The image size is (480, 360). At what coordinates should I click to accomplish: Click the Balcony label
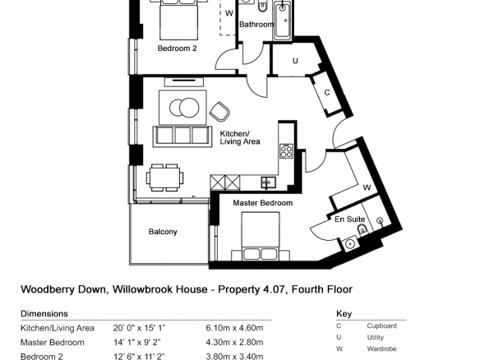[x=163, y=232]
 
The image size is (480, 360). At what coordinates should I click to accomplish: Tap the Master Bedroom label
[x=263, y=203]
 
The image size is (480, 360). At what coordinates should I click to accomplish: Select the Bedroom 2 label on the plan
[x=177, y=48]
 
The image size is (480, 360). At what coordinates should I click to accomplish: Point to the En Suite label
[x=349, y=219]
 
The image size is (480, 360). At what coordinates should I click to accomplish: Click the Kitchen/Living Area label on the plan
[x=240, y=138]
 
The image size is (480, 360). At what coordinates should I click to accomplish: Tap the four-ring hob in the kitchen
[x=286, y=151]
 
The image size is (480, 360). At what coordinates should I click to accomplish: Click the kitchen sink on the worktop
[x=269, y=182]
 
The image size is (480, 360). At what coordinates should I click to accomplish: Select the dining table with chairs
[x=165, y=178]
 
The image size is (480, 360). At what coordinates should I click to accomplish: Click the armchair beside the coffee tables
[x=219, y=112]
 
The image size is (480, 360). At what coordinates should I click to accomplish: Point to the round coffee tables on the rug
[x=184, y=108]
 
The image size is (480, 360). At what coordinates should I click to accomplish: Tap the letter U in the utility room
[x=295, y=61]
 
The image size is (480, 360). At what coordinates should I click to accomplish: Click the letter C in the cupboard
[x=327, y=92]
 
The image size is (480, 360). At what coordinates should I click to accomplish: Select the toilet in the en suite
[x=362, y=229]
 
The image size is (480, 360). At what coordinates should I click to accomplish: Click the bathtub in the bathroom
[x=282, y=20]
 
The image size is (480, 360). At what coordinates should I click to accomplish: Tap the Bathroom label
[x=256, y=25]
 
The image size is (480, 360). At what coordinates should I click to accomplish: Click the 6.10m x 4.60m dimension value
[x=234, y=328]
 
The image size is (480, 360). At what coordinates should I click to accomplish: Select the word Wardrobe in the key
[x=381, y=348]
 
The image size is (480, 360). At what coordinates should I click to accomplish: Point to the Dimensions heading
[x=44, y=314]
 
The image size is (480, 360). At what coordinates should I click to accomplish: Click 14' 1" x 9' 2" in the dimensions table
[x=137, y=342]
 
